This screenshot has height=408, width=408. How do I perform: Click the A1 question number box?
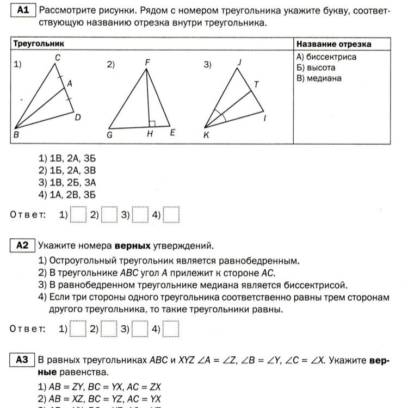[x=23, y=10]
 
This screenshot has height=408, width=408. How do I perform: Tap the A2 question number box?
[x=22, y=246]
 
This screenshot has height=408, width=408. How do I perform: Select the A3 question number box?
[x=22, y=360]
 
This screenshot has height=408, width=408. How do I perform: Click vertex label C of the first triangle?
[x=57, y=57]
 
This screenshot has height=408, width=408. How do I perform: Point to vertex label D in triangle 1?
[x=78, y=118]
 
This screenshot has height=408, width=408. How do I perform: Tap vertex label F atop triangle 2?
[x=147, y=62]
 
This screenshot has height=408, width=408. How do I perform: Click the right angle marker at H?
[x=152, y=123]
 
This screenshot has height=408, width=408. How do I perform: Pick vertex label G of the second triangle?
[x=109, y=135]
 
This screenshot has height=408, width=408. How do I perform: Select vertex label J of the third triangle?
[x=239, y=63]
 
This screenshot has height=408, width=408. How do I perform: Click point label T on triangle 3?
[x=257, y=84]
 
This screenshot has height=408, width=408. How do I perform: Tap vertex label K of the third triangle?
[x=206, y=135]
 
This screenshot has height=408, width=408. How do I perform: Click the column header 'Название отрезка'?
[x=333, y=44]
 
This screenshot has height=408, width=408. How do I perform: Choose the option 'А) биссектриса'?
[x=326, y=57]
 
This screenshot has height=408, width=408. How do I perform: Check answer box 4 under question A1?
[x=171, y=215]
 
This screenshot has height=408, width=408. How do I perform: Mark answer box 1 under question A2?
[x=78, y=329]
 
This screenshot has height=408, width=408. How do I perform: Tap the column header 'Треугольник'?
[x=39, y=44]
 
